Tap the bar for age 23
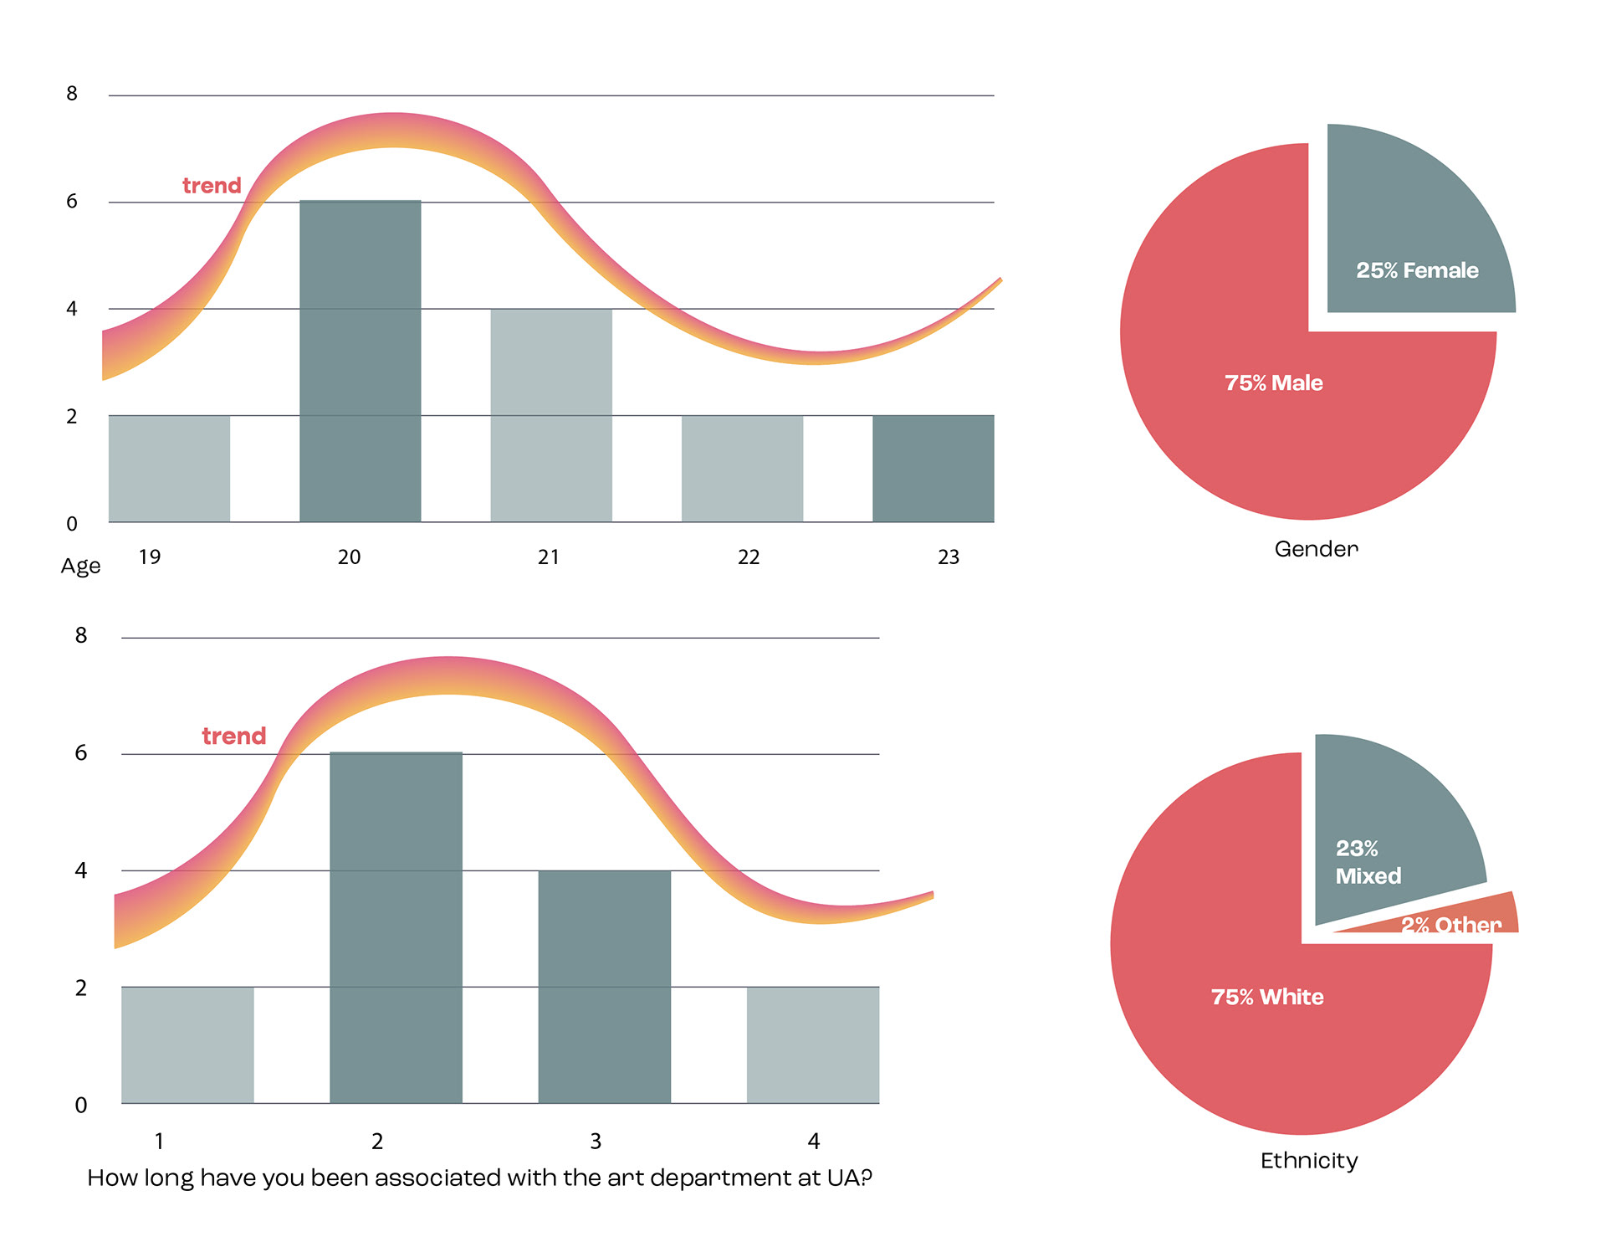(x=933, y=469)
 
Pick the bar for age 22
(x=742, y=469)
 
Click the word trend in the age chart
(x=212, y=186)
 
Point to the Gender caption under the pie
(x=1316, y=549)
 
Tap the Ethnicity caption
(x=1309, y=1161)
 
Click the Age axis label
(x=80, y=567)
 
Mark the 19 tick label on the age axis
(x=150, y=557)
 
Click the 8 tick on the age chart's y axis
(x=72, y=94)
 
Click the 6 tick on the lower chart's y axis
(x=81, y=753)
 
